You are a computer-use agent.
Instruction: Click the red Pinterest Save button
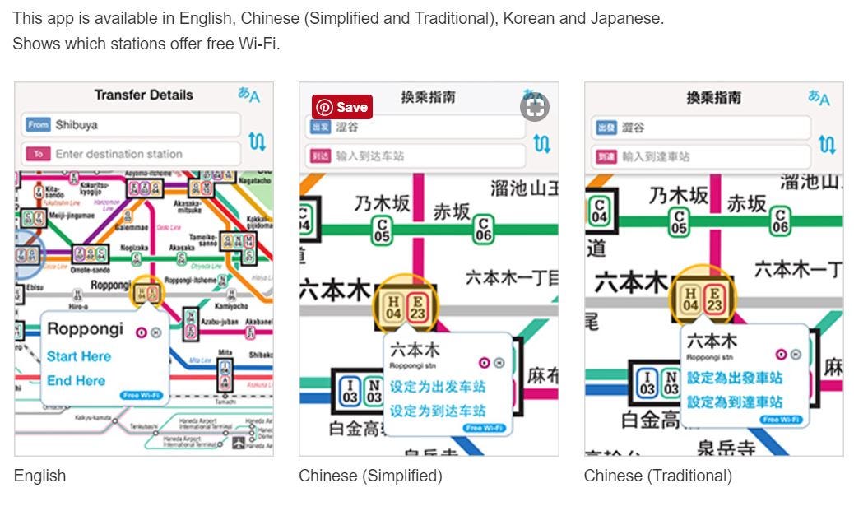pyautogui.click(x=341, y=107)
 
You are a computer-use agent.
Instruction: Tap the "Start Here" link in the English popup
pyautogui.click(x=78, y=356)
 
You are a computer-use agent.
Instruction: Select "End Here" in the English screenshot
pyautogui.click(x=76, y=380)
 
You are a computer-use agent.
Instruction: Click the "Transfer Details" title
pyautogui.click(x=143, y=95)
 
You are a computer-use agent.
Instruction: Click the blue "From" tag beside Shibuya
pyautogui.click(x=38, y=125)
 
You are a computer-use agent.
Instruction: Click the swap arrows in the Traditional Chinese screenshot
pyautogui.click(x=827, y=145)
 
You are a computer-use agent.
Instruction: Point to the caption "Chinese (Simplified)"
pyautogui.click(x=370, y=476)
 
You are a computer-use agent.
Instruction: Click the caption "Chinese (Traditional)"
pyautogui.click(x=657, y=476)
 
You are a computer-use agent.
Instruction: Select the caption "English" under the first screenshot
pyautogui.click(x=39, y=476)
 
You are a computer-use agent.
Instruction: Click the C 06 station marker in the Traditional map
pyautogui.click(x=780, y=220)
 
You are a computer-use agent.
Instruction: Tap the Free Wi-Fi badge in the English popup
pyautogui.click(x=142, y=396)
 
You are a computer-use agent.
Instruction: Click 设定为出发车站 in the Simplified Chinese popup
pyautogui.click(x=438, y=387)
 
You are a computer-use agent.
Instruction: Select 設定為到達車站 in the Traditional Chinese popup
pyautogui.click(x=735, y=402)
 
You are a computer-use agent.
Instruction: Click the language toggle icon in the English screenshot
pyautogui.click(x=248, y=95)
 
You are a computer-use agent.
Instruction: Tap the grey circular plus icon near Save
pyautogui.click(x=534, y=107)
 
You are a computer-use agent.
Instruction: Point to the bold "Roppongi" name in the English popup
pyautogui.click(x=85, y=329)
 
